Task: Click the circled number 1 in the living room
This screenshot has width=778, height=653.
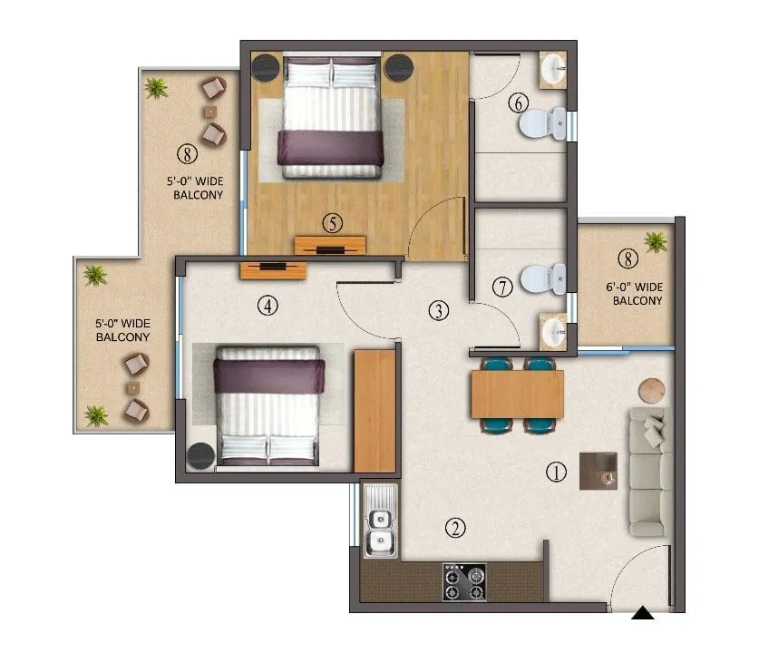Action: [x=556, y=472]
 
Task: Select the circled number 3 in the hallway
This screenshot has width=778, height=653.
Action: [x=439, y=311]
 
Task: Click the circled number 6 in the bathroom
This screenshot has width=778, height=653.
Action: [x=518, y=102]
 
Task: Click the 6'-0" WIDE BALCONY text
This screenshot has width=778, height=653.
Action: [x=635, y=294]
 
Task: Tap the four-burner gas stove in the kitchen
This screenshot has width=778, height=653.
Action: [x=463, y=581]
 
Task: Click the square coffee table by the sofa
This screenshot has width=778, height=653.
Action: [x=598, y=471]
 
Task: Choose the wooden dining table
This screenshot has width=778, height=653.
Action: [x=517, y=394]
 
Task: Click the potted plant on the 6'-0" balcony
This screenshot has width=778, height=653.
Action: [x=655, y=241]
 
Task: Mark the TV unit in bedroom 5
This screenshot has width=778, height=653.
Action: [x=330, y=245]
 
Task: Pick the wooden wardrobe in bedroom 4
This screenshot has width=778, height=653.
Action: [x=374, y=410]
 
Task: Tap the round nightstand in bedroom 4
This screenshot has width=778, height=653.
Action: [x=200, y=455]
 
